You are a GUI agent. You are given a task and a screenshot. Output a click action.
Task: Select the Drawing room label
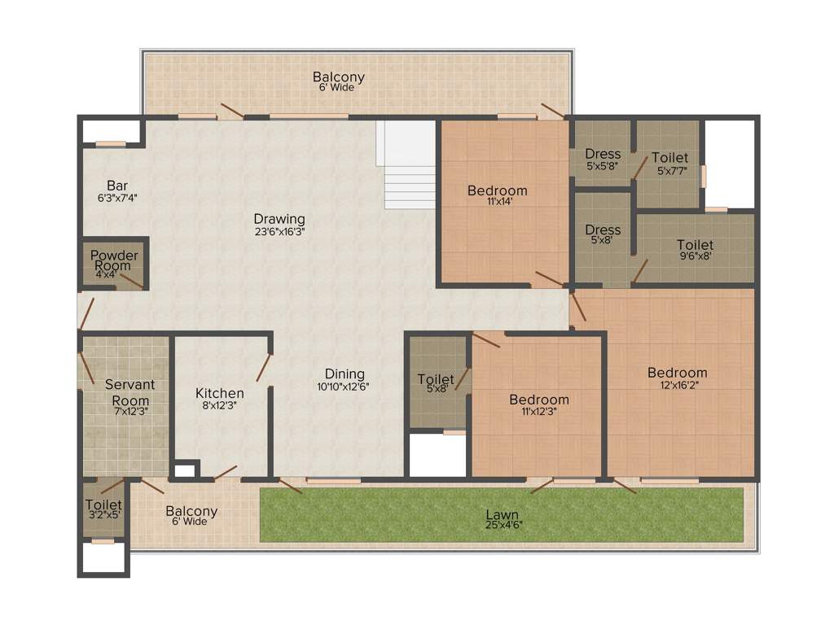pos(279,219)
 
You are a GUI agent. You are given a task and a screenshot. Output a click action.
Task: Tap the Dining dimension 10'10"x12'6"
pos(344,387)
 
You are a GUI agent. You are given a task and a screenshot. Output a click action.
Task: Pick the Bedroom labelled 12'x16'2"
pos(677,373)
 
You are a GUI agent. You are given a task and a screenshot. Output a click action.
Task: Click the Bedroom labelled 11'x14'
pos(497,190)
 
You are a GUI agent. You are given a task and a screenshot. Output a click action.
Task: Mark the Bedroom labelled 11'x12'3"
pos(539,400)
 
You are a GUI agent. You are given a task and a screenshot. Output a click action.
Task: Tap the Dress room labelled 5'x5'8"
pos(603,154)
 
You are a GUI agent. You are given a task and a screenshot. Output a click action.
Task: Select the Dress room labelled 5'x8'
pos(603,229)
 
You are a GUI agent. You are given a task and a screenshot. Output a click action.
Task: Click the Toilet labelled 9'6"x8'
pos(695,245)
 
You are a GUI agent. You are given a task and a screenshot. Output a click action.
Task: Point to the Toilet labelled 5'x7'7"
pos(669,158)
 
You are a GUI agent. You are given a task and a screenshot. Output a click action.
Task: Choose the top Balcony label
pos(338,77)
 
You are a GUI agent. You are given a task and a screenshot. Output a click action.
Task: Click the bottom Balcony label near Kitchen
pos(191,511)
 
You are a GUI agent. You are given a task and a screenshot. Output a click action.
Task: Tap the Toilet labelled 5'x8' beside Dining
pos(436,379)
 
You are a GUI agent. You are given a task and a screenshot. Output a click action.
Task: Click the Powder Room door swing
pos(130,282)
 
